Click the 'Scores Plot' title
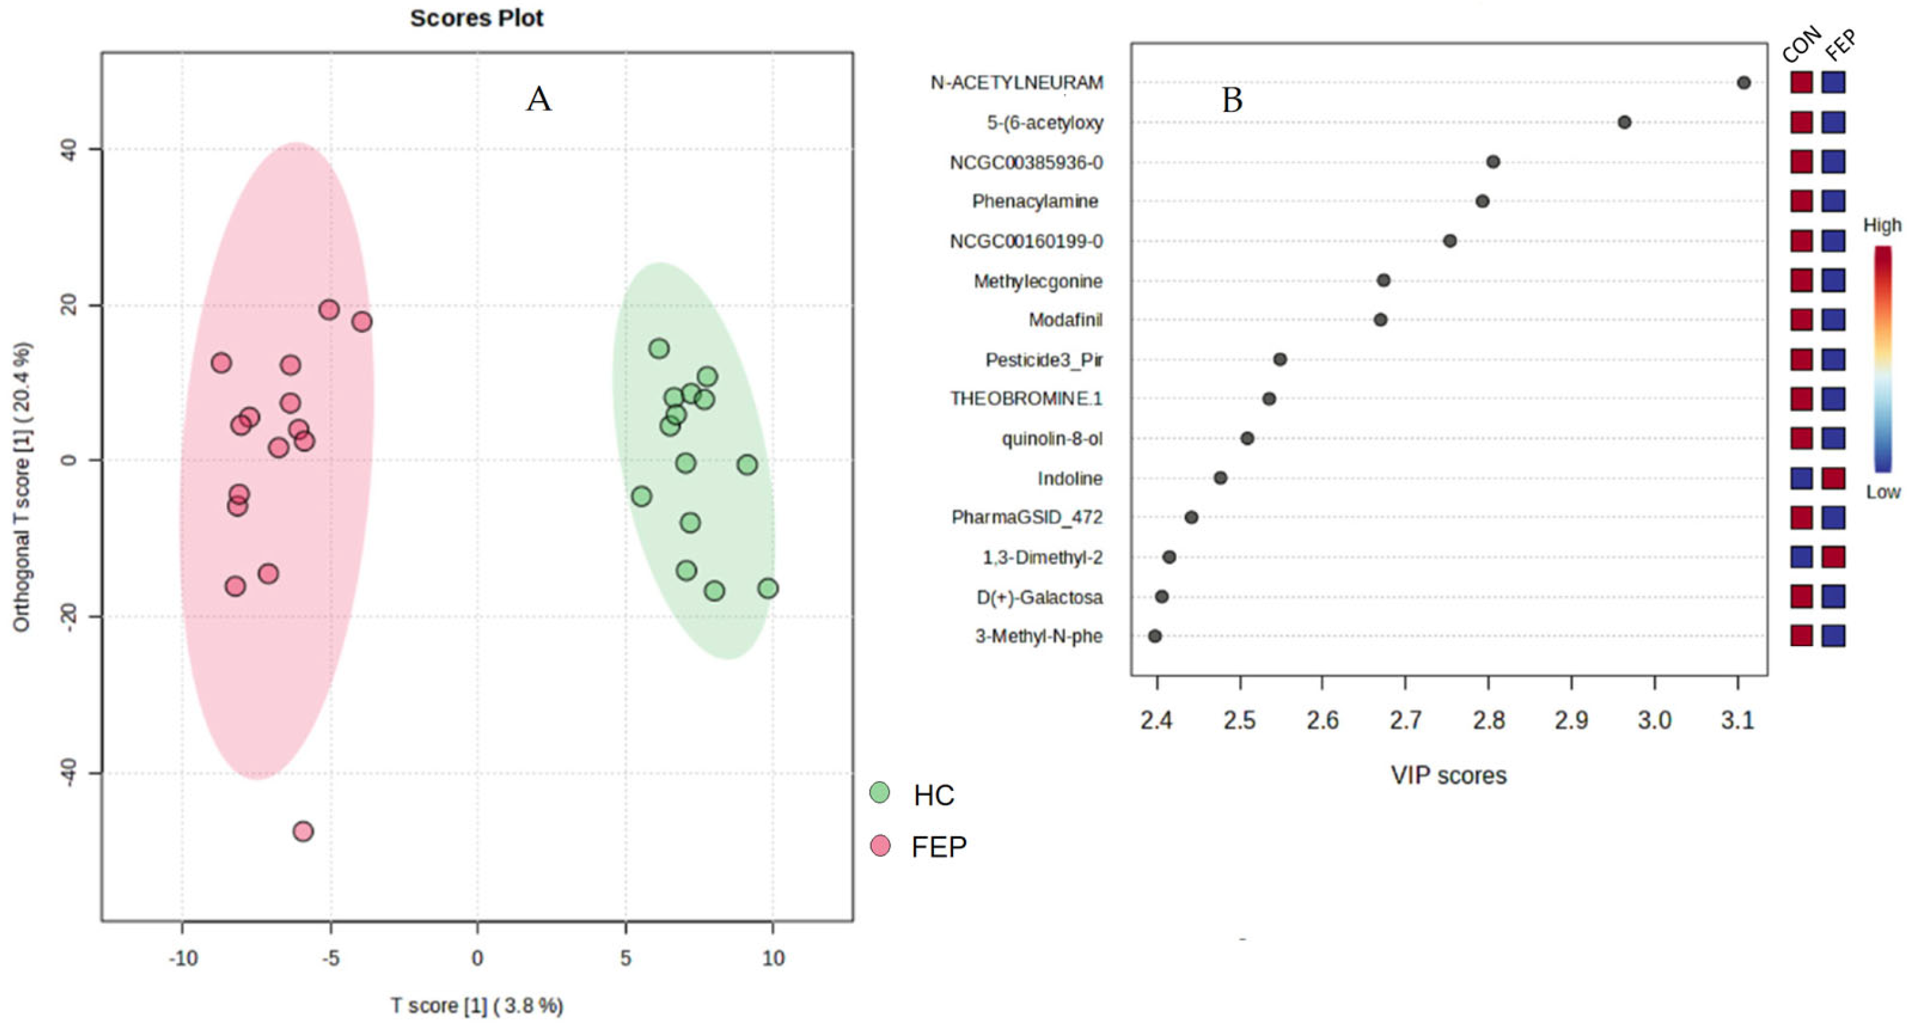[477, 18]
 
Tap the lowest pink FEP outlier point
[303, 831]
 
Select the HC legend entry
[933, 795]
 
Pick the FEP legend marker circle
[880, 845]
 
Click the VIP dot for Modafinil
[1380, 320]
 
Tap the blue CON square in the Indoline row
[1801, 478]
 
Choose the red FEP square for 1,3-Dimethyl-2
[1833, 557]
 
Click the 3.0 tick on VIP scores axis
[1654, 720]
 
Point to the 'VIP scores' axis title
[1448, 776]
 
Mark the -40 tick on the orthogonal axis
[69, 773]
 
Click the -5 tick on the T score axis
[330, 959]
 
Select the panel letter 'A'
[539, 98]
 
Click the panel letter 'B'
[1232, 100]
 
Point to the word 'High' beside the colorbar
[1882, 225]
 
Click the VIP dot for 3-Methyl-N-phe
[1154, 635]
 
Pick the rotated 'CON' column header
[1801, 44]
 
